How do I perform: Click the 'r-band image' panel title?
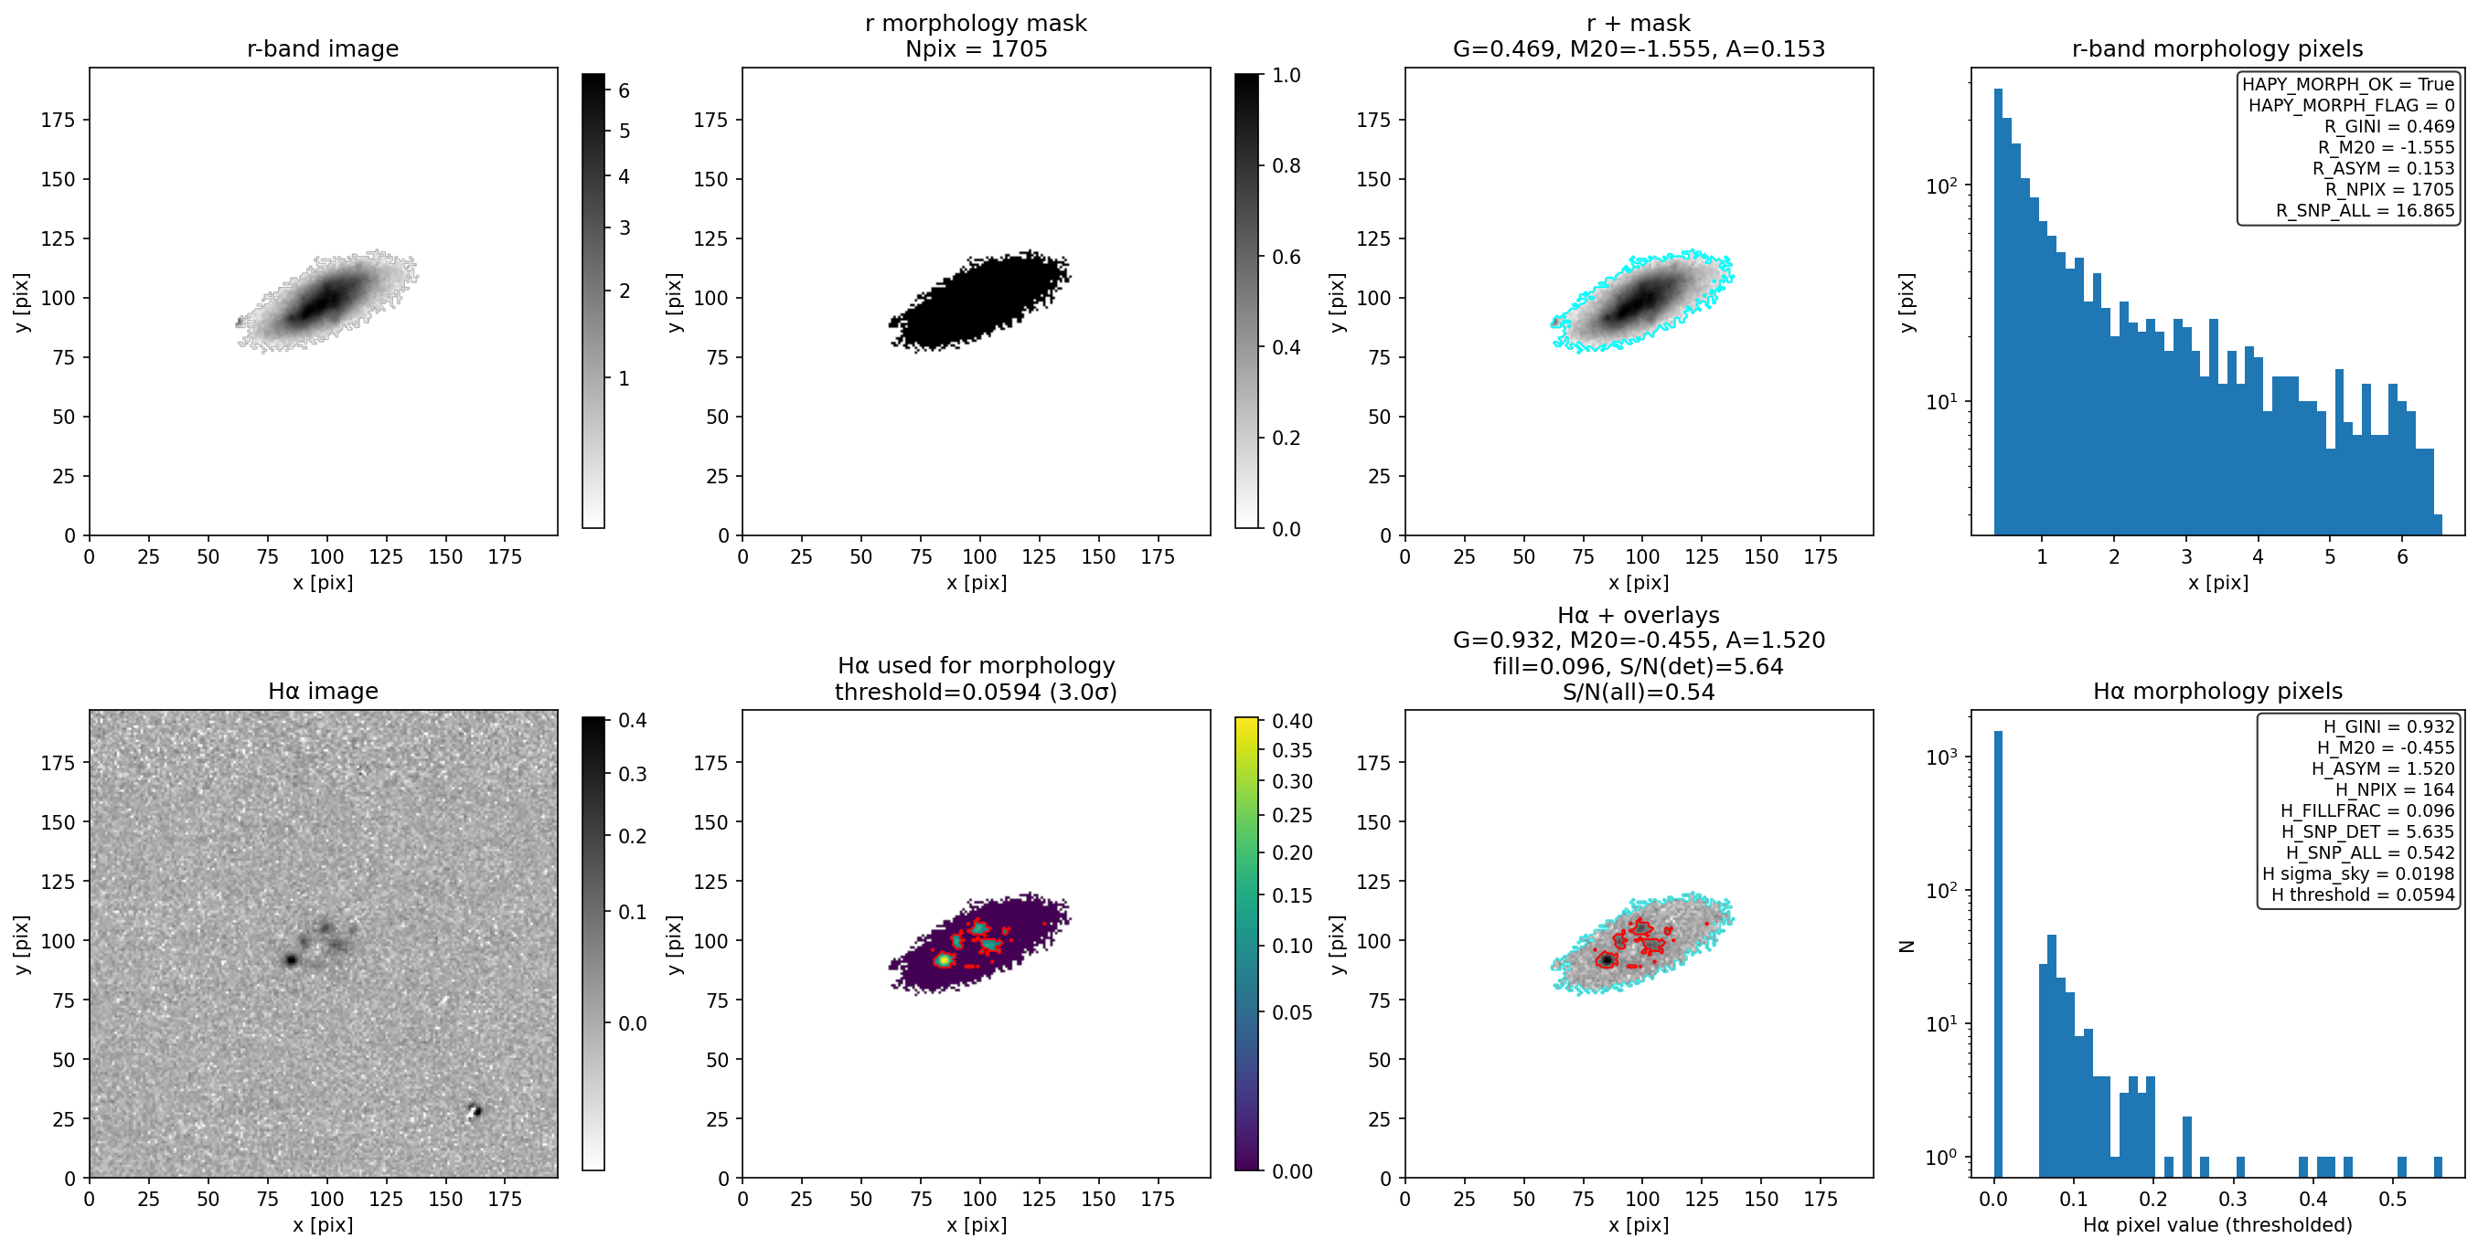[322, 48]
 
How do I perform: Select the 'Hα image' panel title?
[322, 691]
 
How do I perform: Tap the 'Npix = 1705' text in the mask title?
[976, 48]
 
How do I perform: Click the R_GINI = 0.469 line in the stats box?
[2388, 126]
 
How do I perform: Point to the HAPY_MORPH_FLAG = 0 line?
[2350, 105]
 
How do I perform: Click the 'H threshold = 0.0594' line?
[2363, 894]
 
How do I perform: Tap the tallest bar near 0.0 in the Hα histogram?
[1998, 952]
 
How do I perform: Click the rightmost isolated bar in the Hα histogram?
[2438, 1166]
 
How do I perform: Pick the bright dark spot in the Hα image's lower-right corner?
[474, 1112]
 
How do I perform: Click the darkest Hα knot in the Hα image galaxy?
[291, 959]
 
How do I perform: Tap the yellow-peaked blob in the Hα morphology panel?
[945, 958]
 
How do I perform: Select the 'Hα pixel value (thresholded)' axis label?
[2217, 1225]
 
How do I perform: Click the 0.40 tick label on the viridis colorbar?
[1292, 721]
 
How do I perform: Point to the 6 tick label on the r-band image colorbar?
[624, 90]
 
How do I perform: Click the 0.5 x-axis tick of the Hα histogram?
[2392, 1199]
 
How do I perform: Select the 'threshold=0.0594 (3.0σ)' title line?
[976, 692]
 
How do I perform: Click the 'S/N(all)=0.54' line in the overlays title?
[1639, 692]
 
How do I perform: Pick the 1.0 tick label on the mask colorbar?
[1287, 75]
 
